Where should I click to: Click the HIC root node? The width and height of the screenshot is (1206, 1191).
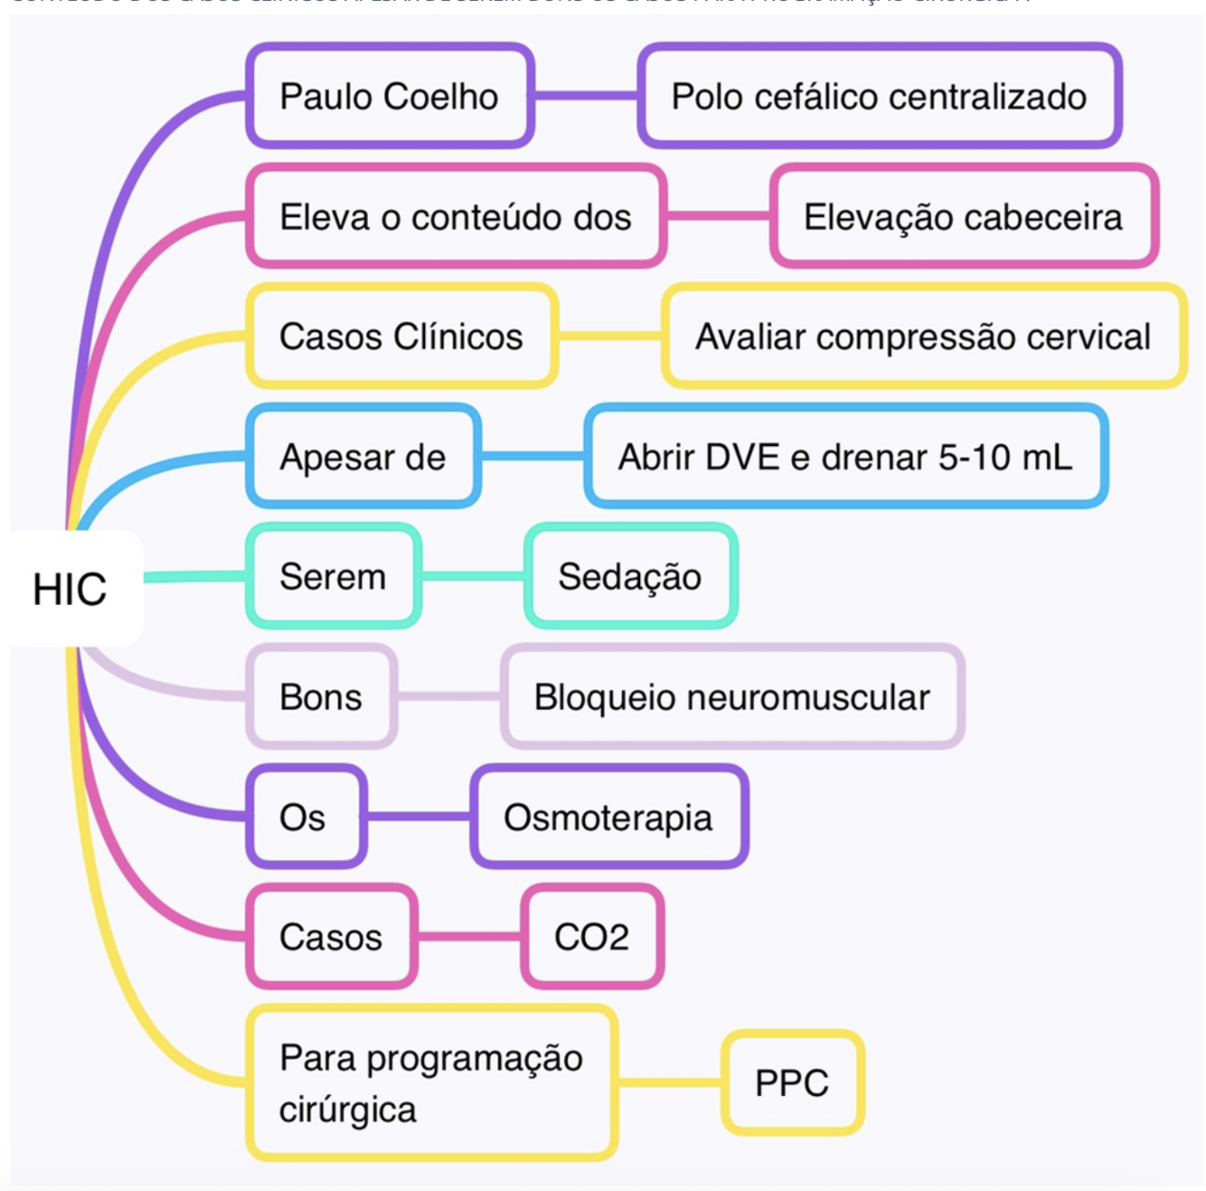click(x=71, y=589)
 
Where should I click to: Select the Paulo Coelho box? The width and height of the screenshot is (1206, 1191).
click(x=390, y=96)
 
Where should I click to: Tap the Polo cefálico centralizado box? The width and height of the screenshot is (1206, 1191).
click(x=879, y=96)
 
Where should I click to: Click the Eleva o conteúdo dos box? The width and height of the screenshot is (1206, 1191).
click(x=456, y=216)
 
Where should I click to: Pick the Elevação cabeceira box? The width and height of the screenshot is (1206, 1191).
click(x=963, y=216)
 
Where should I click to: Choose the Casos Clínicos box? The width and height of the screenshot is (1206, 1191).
click(x=401, y=336)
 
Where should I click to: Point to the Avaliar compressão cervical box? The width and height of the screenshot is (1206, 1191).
click(x=923, y=336)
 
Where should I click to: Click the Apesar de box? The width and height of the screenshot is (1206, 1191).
click(x=363, y=457)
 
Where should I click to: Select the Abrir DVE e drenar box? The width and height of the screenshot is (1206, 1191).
click(x=845, y=457)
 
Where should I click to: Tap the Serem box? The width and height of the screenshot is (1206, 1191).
click(x=333, y=576)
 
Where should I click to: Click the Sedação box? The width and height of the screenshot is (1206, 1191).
click(x=630, y=576)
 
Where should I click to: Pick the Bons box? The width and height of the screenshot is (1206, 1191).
click(x=321, y=696)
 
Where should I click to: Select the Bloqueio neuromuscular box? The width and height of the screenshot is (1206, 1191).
click(x=731, y=696)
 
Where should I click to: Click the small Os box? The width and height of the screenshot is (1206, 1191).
click(x=305, y=817)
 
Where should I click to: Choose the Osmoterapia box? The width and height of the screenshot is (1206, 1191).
click(x=608, y=817)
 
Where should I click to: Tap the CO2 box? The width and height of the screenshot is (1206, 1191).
click(x=592, y=937)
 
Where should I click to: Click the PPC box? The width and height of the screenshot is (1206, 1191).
click(x=792, y=1082)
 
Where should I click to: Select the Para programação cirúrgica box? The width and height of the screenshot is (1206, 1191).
click(x=431, y=1082)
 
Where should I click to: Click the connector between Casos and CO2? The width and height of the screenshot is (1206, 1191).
click(x=468, y=937)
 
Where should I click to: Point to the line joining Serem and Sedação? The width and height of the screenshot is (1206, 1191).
click(x=473, y=576)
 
